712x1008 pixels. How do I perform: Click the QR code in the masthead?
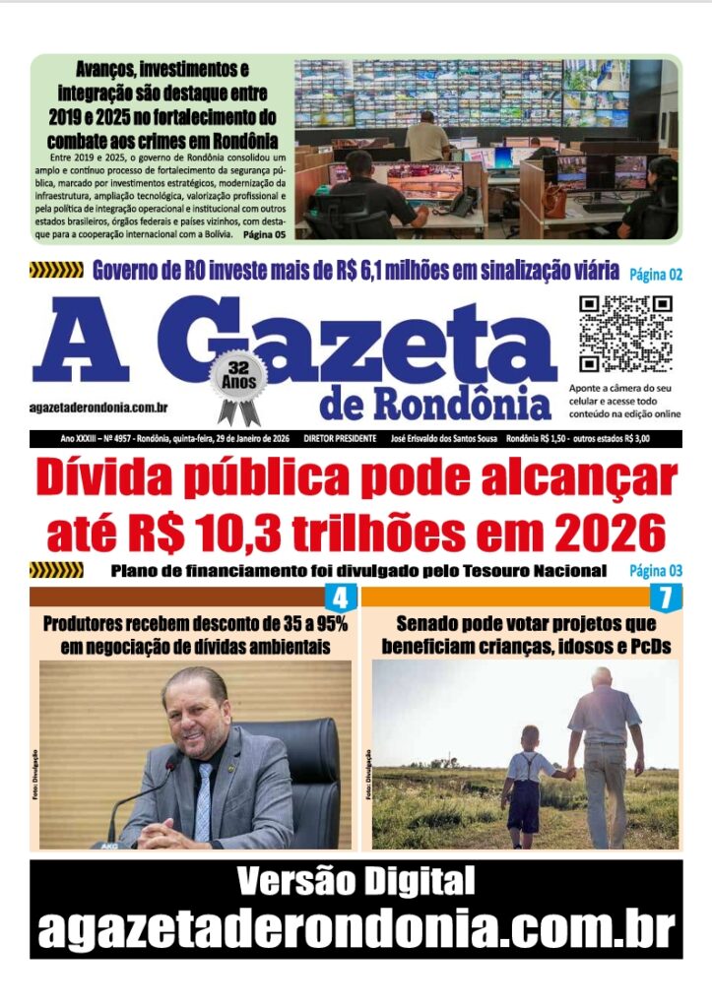tap(625, 334)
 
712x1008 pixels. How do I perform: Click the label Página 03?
tap(655, 571)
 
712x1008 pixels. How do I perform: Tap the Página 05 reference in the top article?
tap(265, 236)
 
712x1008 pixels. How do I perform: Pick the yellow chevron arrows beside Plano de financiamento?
tap(56, 570)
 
